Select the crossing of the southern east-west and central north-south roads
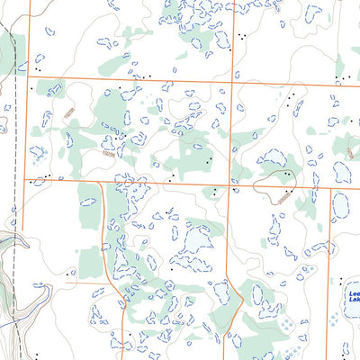228,186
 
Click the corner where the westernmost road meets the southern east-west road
26,181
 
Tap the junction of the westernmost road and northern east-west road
28,75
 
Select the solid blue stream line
13,319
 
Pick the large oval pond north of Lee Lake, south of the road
341,206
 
